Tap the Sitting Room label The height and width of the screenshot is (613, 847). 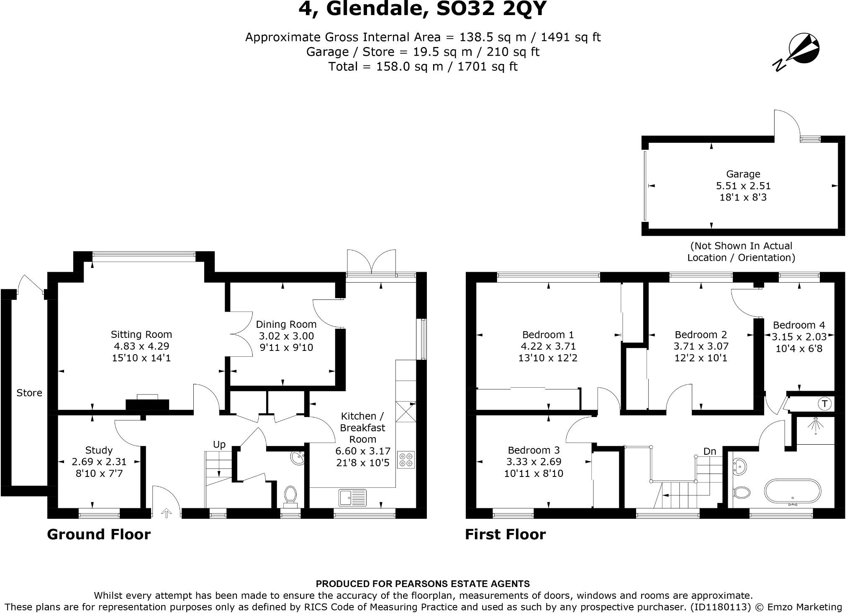tap(141, 334)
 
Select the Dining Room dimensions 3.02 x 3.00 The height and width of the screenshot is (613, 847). tap(286, 336)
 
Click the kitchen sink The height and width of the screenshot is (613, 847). tap(352, 497)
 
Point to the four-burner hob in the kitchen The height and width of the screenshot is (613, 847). tap(406, 459)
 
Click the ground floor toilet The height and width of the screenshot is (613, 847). tap(290, 494)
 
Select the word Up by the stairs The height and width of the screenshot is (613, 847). tap(219, 444)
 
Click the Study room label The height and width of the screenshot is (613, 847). tap(99, 450)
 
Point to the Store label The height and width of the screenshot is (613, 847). tap(29, 393)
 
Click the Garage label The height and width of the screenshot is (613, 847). tap(743, 174)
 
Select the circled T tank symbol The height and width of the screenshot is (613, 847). tap(824, 404)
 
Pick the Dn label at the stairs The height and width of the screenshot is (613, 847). tap(710, 451)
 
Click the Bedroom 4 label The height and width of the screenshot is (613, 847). tap(799, 325)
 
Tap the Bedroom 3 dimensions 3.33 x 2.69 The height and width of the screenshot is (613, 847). tap(534, 462)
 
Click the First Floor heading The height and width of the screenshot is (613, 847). tap(506, 535)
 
